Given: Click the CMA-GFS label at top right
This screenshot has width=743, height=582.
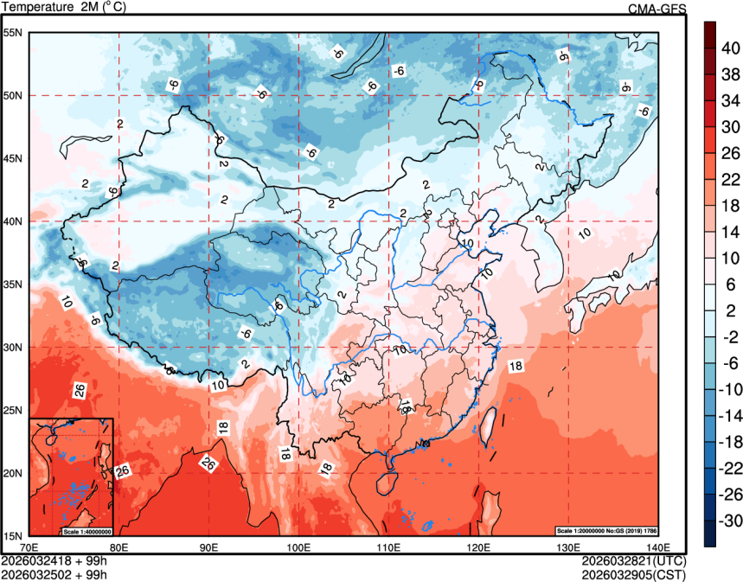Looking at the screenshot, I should [657, 9].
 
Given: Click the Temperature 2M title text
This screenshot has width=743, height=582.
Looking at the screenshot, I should [66, 8].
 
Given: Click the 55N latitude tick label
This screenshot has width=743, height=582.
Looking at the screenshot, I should [14, 33].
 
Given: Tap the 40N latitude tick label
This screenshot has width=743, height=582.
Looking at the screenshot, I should [14, 221].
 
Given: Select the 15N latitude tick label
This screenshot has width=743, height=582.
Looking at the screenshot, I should [14, 535].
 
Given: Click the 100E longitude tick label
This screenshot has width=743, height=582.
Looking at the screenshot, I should [298, 547].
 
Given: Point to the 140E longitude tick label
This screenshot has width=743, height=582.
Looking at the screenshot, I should [657, 547].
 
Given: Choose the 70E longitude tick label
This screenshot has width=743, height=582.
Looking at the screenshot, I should [29, 547].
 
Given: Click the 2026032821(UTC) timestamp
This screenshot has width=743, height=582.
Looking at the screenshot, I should [634, 560].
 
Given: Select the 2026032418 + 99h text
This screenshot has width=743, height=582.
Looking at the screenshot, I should [54, 560].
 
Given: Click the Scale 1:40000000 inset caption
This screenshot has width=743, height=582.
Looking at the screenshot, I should [86, 530].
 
